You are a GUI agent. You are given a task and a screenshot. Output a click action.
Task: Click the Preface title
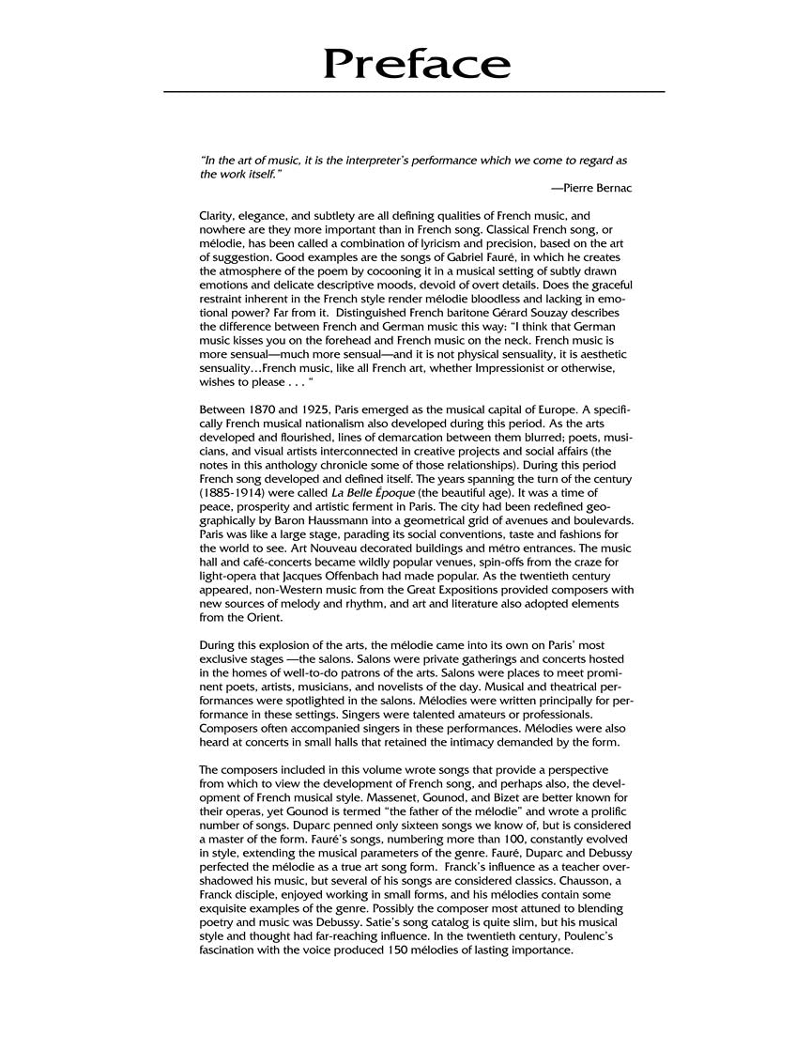tap(417, 63)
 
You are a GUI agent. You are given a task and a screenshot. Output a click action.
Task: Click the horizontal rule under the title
tap(414, 91)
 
